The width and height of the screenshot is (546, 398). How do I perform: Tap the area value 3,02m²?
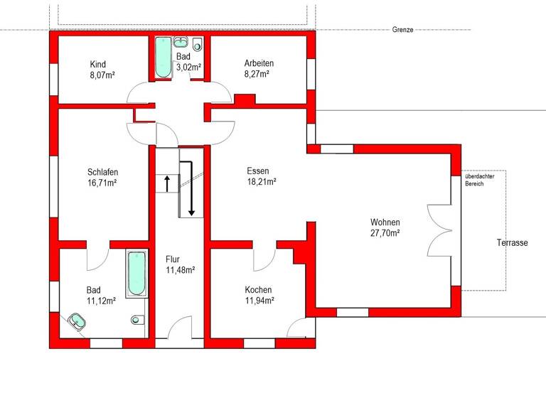188,68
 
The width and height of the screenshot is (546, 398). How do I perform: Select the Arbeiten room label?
254,63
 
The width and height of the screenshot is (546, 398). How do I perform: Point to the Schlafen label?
102,172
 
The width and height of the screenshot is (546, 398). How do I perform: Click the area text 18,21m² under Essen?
262,181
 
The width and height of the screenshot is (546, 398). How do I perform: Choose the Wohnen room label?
385,222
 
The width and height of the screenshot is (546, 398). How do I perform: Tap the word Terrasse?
512,243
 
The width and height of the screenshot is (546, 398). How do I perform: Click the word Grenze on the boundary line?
402,30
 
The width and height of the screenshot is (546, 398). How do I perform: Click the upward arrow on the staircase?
167,183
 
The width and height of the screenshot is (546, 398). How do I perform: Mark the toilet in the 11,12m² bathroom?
138,320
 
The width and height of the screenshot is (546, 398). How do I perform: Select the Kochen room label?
258,290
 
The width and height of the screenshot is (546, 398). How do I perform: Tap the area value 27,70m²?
385,232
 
